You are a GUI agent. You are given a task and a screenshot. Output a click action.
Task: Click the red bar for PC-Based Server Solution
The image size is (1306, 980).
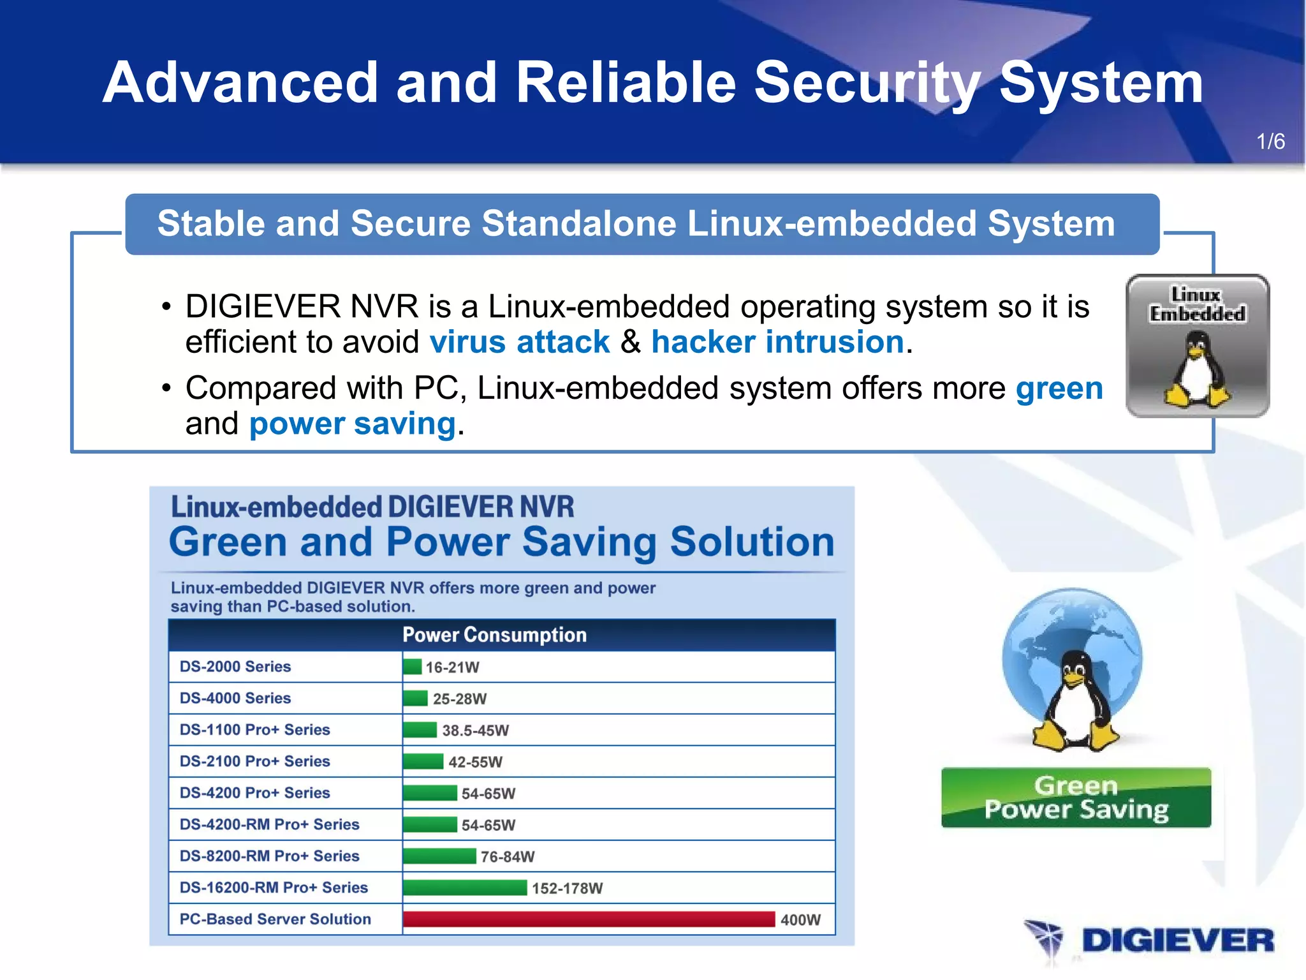pos(589,919)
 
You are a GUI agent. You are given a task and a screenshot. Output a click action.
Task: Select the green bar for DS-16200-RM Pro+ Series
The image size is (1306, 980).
pos(465,887)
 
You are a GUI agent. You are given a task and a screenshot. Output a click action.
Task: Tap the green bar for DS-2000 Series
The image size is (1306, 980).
pos(413,667)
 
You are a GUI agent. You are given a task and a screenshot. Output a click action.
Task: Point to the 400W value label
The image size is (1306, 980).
pos(800,919)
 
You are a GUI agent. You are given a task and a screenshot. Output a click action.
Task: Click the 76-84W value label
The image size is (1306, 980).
pos(508,856)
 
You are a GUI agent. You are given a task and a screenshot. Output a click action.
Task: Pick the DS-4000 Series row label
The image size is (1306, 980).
pos(235,698)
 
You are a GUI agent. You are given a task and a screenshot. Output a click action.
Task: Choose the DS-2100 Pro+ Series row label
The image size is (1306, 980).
pos(254,761)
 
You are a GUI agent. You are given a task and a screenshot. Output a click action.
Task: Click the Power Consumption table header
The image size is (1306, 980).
pos(494,635)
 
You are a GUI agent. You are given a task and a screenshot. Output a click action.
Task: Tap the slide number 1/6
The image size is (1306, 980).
pos(1270,142)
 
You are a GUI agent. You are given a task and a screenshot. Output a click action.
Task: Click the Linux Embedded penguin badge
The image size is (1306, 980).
pos(1198,346)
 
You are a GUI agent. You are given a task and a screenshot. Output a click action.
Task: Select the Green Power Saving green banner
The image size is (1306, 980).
pos(1076,798)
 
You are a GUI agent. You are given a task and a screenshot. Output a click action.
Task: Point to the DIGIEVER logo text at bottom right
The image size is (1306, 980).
pos(1177,940)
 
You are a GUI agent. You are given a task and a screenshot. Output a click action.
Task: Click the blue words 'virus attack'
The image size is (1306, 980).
pos(520,342)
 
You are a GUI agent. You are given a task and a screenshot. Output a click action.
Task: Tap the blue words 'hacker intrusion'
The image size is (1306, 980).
pos(777,342)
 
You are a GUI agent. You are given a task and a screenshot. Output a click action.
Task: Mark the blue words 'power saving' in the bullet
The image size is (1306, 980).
pos(353,424)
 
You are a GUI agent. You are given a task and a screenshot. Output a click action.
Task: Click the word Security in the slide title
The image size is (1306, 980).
pos(867,83)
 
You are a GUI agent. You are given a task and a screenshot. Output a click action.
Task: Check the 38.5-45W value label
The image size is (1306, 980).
pos(476,730)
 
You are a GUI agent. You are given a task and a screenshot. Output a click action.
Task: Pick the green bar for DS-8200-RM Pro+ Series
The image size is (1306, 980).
pos(439,856)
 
